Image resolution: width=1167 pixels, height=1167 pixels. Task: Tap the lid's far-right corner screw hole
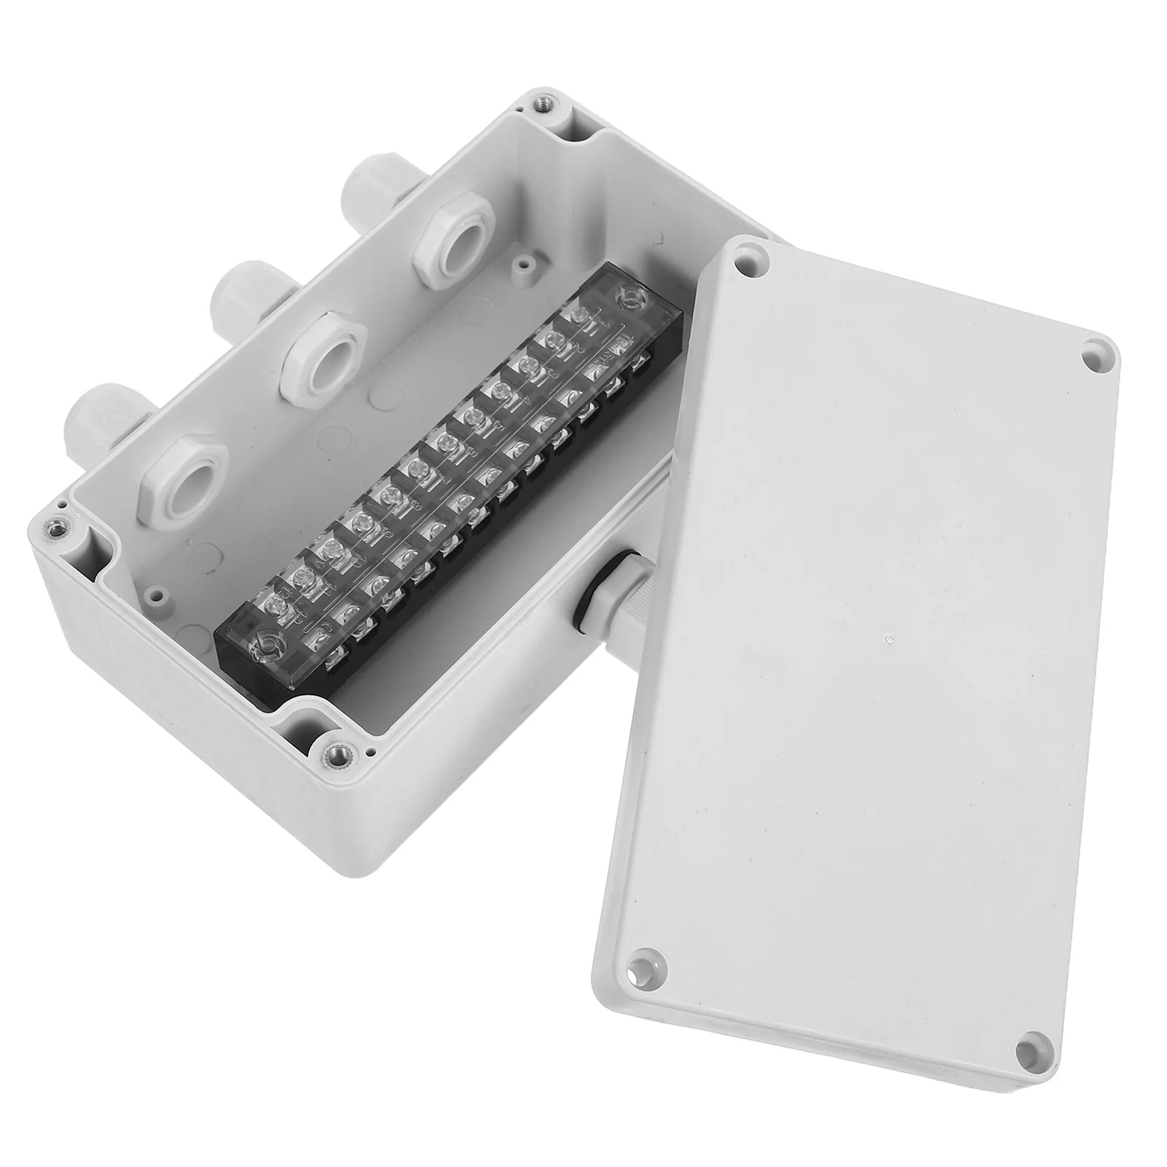tap(1093, 358)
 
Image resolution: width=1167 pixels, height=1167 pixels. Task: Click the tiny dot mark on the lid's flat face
tap(888, 640)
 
